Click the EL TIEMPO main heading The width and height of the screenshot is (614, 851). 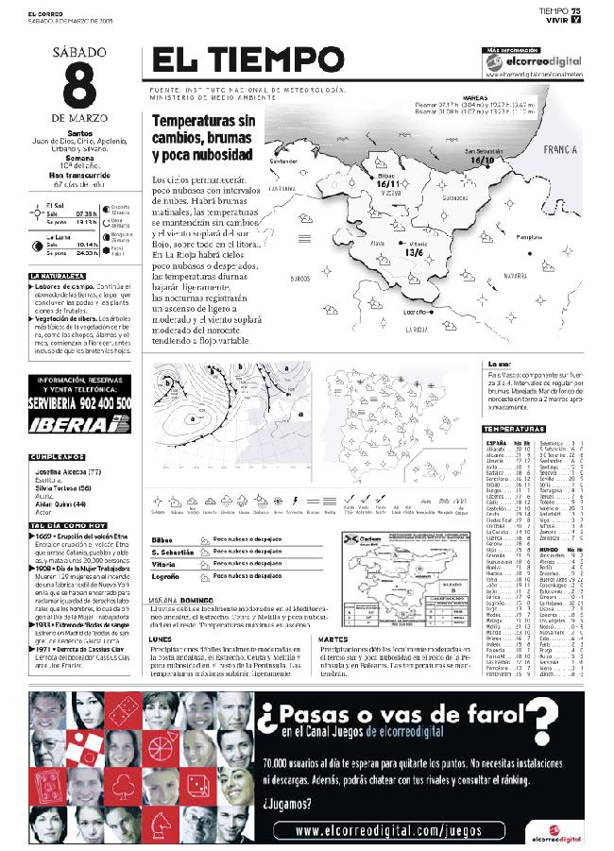pyautogui.click(x=247, y=61)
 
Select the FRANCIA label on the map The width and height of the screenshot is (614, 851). pyautogui.click(x=560, y=150)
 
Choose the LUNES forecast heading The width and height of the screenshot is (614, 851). pyautogui.click(x=161, y=638)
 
